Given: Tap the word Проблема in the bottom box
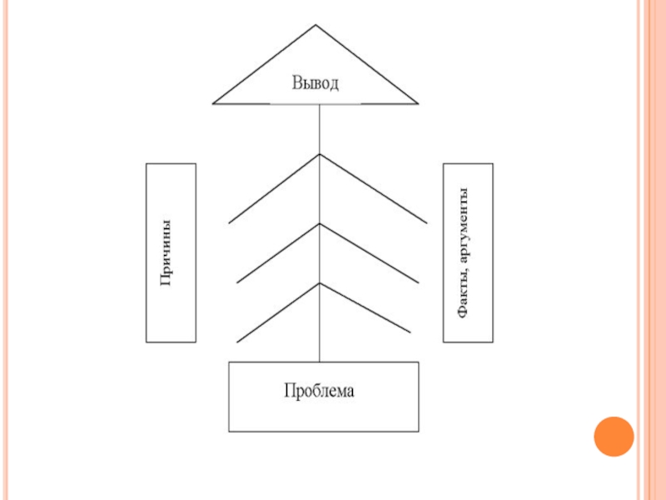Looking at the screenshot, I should pos(319,390).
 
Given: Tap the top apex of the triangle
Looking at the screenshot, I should pos(316,25).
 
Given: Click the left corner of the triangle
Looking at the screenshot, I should pos(215,103).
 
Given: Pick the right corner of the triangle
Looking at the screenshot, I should pos(417,103).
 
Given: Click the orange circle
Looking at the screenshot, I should pos(614,436).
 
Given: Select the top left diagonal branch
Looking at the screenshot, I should pos(274,188).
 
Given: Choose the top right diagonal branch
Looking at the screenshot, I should pos(374,188).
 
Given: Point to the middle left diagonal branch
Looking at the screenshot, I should pos(278,253).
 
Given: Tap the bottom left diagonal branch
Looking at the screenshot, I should pos(278,312).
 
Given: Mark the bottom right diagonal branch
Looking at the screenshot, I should pos(366,308).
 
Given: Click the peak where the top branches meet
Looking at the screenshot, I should pos(320,154).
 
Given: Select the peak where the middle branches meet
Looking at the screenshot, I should pos(320,224).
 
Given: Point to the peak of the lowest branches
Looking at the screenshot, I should pos(320,283).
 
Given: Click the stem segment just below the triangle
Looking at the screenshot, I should pos(320,128).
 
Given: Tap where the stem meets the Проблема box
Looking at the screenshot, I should pos(320,362).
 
